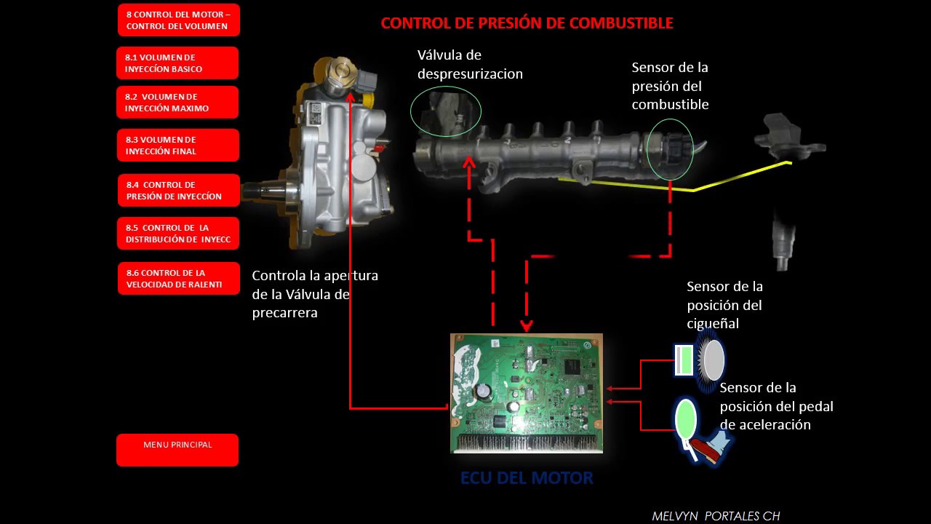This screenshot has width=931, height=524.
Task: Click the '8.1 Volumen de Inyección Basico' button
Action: coord(177,63)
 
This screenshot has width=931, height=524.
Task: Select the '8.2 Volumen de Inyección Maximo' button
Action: coord(177,103)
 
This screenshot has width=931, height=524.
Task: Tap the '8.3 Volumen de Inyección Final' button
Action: coord(177,146)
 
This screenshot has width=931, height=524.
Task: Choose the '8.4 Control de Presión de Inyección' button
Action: coord(178,191)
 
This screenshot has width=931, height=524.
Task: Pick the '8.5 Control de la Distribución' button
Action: coord(178,234)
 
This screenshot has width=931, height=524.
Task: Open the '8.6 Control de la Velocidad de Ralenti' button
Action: coord(178,279)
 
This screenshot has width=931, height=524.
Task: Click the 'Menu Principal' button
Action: coord(177,450)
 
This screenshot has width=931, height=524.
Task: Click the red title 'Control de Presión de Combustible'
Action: coord(527,23)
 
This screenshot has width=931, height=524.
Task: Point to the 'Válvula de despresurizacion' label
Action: coord(470,65)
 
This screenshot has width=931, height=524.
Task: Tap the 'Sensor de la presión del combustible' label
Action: coord(670,86)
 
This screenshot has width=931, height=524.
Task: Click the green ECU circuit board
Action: coord(527,393)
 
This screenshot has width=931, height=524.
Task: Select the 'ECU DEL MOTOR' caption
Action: coord(527,479)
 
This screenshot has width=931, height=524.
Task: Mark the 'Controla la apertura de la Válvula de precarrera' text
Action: coord(314,294)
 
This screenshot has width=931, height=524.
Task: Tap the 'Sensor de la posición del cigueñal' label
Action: coord(724,305)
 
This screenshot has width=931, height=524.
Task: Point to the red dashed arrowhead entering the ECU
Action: coord(527,326)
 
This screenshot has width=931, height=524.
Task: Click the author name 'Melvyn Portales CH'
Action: coord(716,516)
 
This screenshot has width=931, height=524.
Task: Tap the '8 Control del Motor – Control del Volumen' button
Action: coord(178,20)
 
